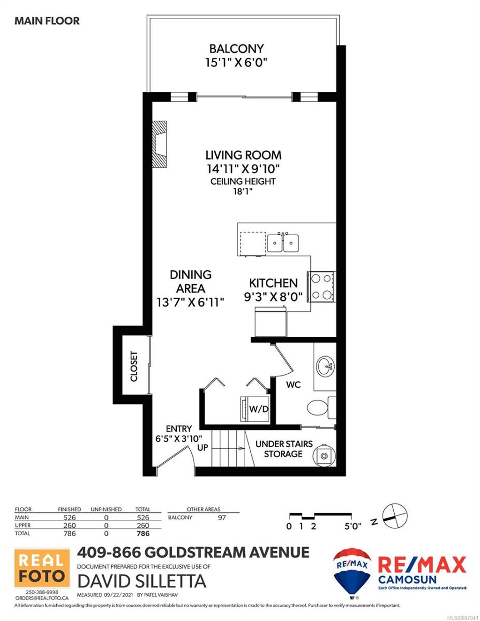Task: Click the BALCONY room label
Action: coord(236,49)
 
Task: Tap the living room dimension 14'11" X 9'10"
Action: coord(243,169)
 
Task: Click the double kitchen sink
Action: coord(283,243)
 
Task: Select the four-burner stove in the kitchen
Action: coord(321,287)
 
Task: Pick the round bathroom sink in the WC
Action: coord(325,365)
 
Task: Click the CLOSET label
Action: coord(134,366)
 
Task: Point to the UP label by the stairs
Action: coord(202,448)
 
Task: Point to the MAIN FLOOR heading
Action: coord(47,21)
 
